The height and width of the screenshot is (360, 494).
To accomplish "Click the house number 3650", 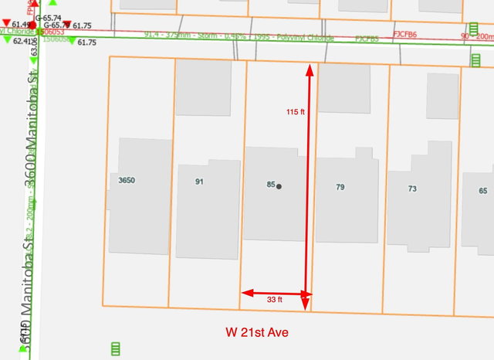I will (127, 181).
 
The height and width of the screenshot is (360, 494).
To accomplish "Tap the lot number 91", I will (199, 182).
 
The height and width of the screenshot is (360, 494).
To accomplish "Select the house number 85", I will (270, 185).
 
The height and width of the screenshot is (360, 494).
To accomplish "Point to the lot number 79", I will (340, 187).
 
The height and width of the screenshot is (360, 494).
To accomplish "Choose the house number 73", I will (412, 189).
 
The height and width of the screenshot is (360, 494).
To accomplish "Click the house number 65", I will (483, 191).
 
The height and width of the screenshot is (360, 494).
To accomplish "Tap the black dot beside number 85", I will (279, 186).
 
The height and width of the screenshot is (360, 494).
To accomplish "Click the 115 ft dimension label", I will (296, 112).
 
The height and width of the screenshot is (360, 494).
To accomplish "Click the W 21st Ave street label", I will (257, 333).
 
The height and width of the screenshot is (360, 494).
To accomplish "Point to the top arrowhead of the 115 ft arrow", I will (310, 70).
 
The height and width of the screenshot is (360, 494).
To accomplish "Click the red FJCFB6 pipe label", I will (405, 34).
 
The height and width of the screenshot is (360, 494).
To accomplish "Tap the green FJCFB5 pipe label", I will (367, 38).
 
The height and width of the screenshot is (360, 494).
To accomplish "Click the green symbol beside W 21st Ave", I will (116, 348).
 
